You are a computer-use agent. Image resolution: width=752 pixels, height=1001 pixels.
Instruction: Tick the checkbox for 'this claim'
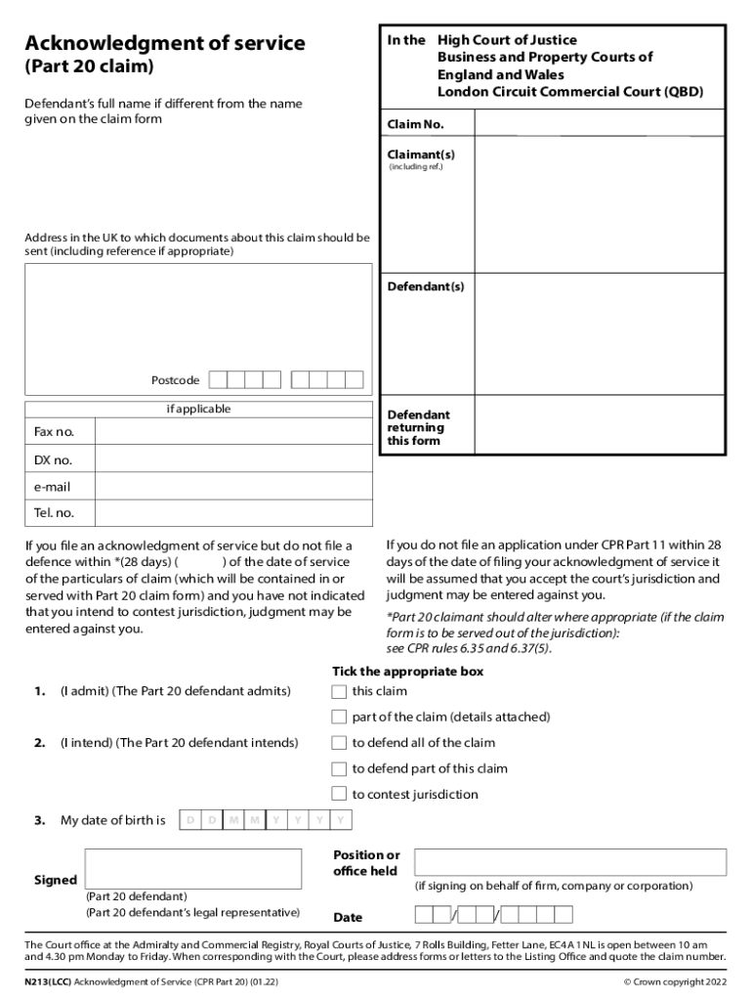click(339, 692)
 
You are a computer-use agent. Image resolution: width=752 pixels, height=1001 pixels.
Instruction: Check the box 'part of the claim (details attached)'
click(339, 718)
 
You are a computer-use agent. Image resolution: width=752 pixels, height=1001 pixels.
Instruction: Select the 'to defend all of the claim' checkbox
click(339, 743)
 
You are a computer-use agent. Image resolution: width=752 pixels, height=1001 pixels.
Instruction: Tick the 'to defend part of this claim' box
click(339, 768)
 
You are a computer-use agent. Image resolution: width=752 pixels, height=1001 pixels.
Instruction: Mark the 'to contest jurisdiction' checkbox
click(339, 794)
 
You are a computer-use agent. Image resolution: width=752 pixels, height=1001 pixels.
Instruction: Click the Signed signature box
click(193, 868)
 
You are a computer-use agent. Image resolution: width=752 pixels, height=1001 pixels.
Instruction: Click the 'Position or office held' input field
click(570, 862)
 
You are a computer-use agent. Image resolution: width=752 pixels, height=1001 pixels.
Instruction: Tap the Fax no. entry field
click(233, 432)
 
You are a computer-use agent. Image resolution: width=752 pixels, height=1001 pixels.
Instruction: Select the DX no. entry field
click(233, 459)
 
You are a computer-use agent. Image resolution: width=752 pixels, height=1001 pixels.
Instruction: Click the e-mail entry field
click(233, 487)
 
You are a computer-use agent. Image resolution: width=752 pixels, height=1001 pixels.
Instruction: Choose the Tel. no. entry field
click(233, 513)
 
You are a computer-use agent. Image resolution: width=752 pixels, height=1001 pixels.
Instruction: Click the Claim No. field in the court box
click(598, 124)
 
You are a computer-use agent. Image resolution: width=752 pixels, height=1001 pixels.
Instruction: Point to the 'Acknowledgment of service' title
click(165, 44)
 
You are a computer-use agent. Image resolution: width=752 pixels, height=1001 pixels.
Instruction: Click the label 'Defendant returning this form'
click(418, 428)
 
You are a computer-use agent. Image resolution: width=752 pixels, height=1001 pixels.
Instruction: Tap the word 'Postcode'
click(175, 380)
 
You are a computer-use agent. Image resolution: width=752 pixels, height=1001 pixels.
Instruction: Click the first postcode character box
click(219, 380)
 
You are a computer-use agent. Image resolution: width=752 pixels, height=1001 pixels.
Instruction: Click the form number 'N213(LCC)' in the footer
click(48, 981)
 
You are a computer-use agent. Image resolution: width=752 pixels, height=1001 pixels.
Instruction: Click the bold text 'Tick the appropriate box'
click(407, 672)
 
